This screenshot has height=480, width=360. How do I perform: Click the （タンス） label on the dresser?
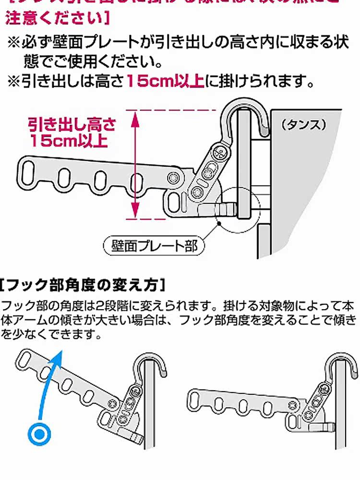pyautogui.click(x=304, y=125)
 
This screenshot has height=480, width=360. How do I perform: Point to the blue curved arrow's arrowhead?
pyautogui.click(x=60, y=354)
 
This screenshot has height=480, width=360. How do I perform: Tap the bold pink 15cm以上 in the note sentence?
pyautogui.click(x=165, y=81)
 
